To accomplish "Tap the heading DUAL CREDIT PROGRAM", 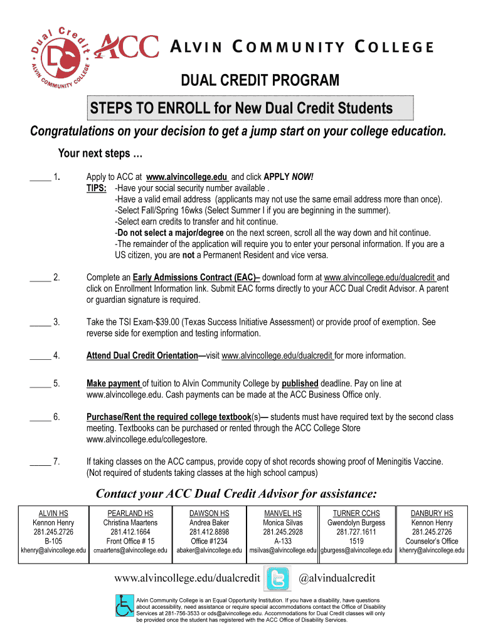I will click(260, 81).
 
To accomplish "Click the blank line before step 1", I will click(40, 177).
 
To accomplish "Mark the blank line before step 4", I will click(40, 355).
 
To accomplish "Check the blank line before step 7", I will click(40, 461).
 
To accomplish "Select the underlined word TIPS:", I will click(96, 188).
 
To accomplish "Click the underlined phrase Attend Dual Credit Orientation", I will click(142, 355).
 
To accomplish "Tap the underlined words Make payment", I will click(114, 384).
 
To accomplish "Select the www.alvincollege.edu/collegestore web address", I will click(137, 439).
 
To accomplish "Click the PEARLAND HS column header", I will click(130, 513).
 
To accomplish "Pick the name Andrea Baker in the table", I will click(209, 522).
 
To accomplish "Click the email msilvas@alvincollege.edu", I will click(283, 550).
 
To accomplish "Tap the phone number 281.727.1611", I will click(356, 532).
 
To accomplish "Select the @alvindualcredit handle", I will click(336, 577).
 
